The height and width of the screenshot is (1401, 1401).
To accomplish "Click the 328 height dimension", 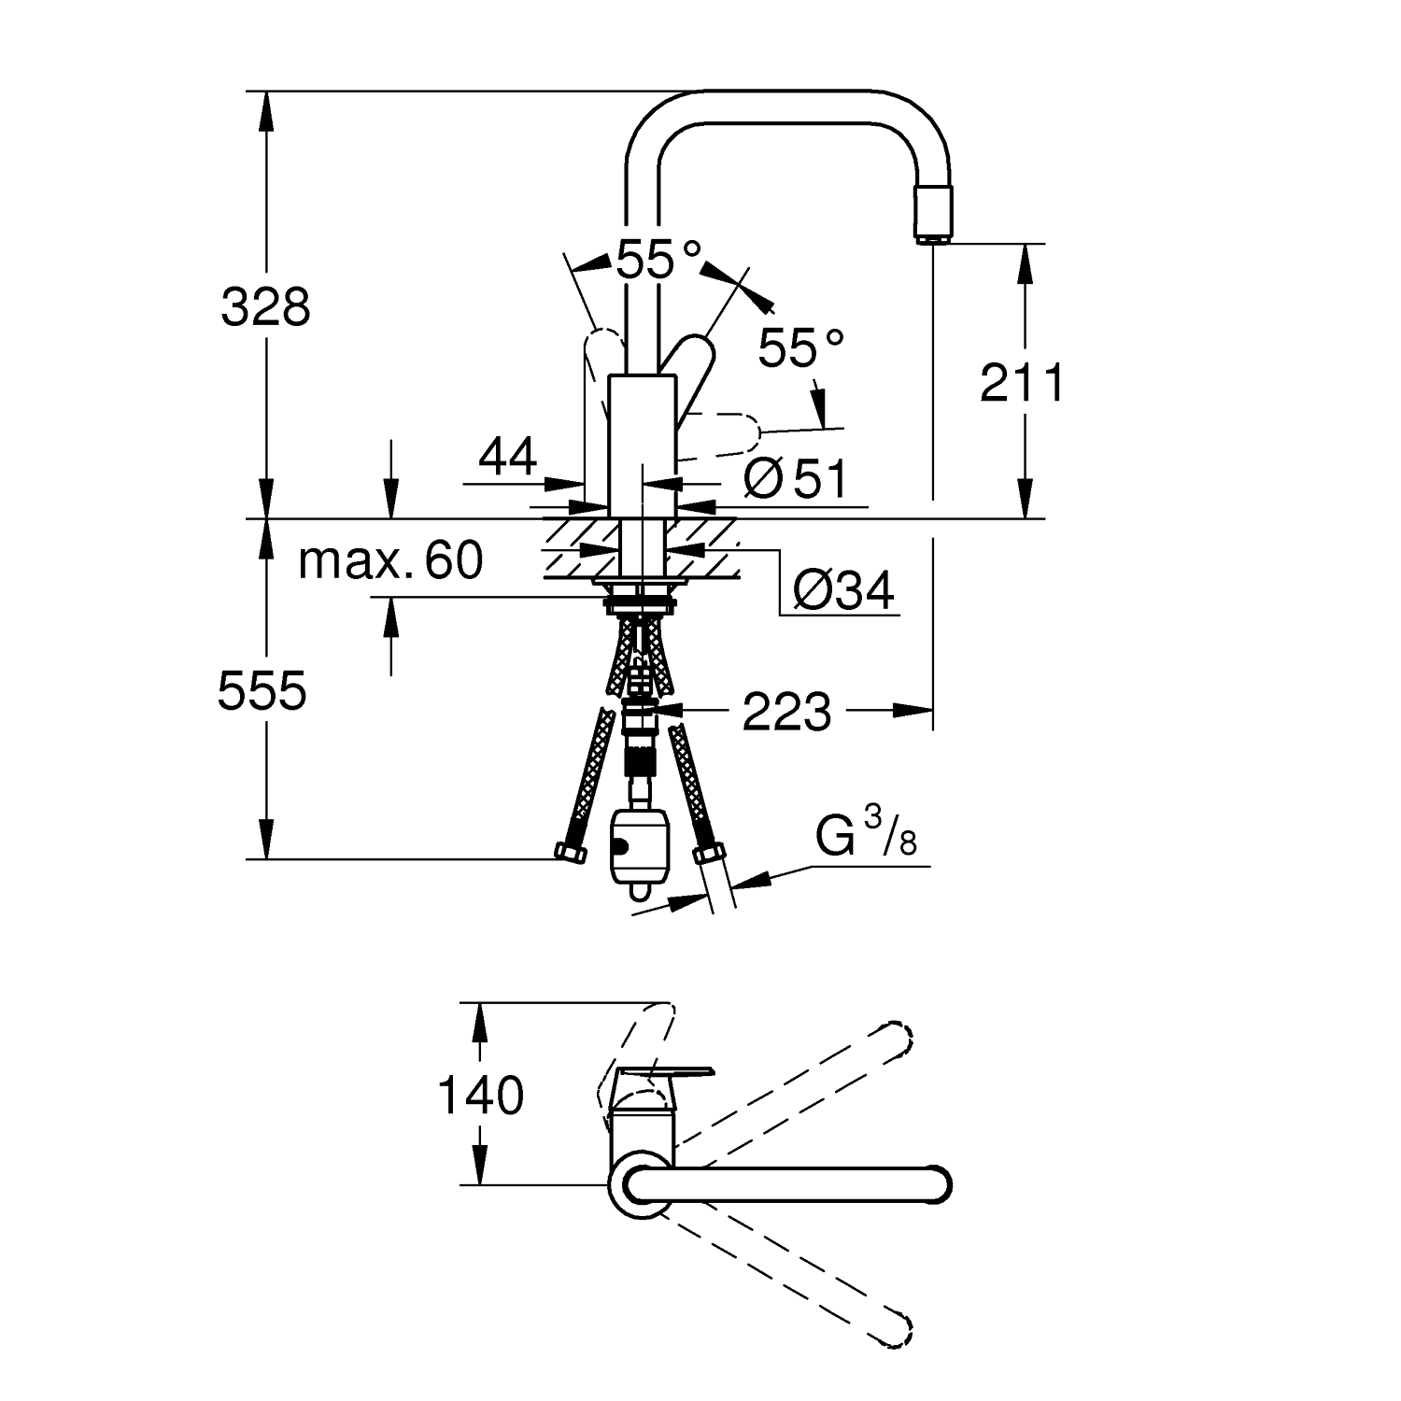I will click(265, 307).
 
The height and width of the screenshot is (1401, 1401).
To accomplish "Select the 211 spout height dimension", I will click(1022, 384).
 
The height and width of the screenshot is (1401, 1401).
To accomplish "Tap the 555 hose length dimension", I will click(262, 692).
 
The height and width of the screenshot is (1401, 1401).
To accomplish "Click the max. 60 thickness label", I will click(391, 560).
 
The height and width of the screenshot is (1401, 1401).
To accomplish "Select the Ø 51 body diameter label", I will click(796, 480).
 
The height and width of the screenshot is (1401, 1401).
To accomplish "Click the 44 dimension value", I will click(508, 458).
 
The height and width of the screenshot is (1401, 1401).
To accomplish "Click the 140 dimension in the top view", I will click(481, 1096).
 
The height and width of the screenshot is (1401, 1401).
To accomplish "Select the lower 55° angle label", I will click(800, 348).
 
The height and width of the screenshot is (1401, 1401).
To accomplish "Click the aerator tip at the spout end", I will click(933, 214).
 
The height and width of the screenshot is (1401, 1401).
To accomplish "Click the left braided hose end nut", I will click(569, 851).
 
